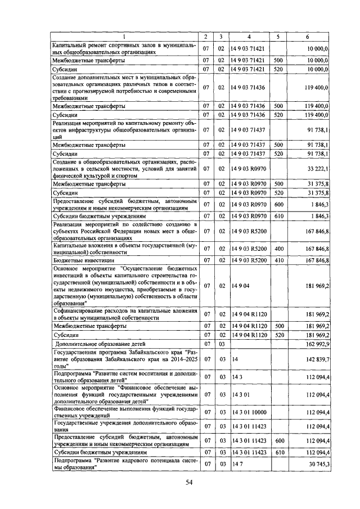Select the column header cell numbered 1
coord(125,37)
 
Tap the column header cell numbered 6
coord(307,37)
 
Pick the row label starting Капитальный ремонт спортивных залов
coord(124,48)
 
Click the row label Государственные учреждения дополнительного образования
coord(124,426)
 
